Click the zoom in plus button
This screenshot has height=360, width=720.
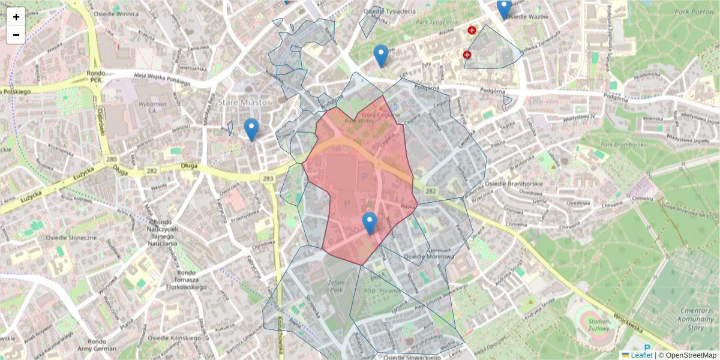coord(16,17)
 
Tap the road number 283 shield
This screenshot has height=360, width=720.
coord(268,178)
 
